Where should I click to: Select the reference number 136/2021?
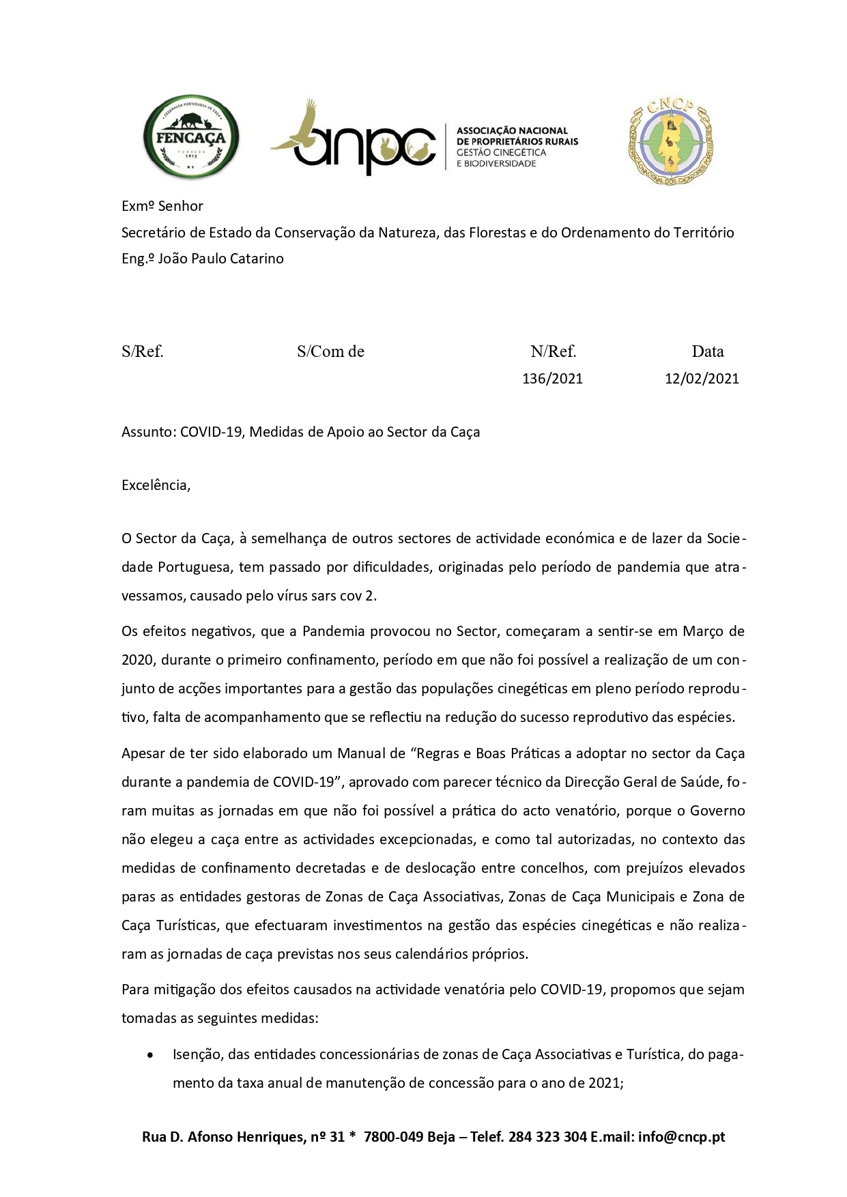pyautogui.click(x=552, y=379)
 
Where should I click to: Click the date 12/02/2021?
pyautogui.click(x=702, y=379)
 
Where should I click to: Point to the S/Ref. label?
pyautogui.click(x=143, y=351)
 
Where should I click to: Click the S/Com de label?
pyautogui.click(x=330, y=351)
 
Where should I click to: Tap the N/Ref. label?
pyautogui.click(x=554, y=351)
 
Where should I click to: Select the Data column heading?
pyautogui.click(x=707, y=351)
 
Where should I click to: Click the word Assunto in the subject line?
pyautogui.click(x=148, y=432)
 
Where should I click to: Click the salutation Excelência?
pyautogui.click(x=156, y=485)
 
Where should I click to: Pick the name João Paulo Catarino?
pyautogui.click(x=220, y=259)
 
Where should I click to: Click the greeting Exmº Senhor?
pyautogui.click(x=162, y=206)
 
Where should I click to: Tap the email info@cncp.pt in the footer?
pyautogui.click(x=682, y=1137)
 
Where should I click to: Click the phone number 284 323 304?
pyautogui.click(x=547, y=1137)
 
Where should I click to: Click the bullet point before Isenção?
pyautogui.click(x=150, y=1055)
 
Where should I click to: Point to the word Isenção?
pyautogui.click(x=197, y=1054)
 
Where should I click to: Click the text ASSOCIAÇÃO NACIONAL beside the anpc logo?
pyautogui.click(x=512, y=130)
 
